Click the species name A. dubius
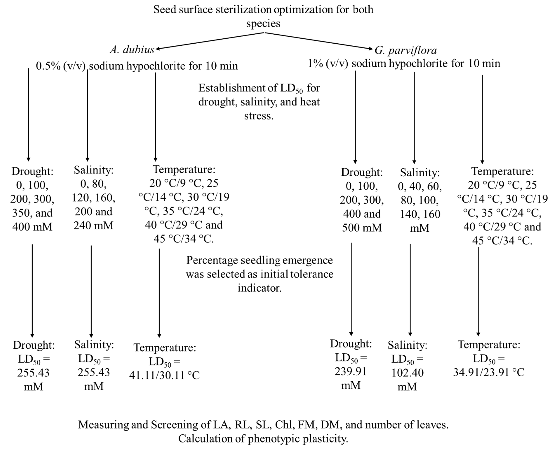tap(132, 49)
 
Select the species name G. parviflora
tap(406, 50)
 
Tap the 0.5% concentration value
tap(48, 66)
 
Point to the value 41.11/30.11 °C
tap(164, 375)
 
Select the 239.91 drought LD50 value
tap(351, 371)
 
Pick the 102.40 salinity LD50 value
tap(407, 373)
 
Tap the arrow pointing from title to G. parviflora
tap(319, 41)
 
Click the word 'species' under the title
tap(263, 24)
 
